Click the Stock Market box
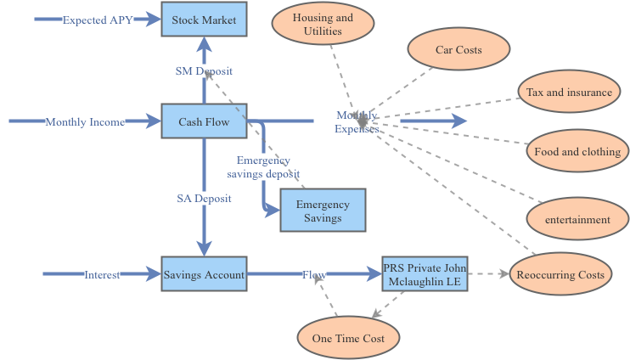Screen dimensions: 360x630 pos(204,20)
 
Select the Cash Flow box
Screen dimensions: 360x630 pos(204,122)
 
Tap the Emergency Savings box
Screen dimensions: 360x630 pos(323,211)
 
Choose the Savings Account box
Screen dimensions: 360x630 pos(204,274)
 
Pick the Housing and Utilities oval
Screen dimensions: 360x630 pos(323,25)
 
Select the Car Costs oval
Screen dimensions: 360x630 pos(458,50)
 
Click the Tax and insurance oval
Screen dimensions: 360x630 pos(568,93)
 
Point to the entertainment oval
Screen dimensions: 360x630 pos(577,220)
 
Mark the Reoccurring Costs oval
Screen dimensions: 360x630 pos(560,275)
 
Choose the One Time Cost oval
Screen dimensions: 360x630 pos(348,339)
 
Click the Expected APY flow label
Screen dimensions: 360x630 pos(98,20)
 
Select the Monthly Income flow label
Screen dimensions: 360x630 pos(85,122)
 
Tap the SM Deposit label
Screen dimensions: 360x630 pos(204,71)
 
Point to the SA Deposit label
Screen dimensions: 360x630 pos(204,199)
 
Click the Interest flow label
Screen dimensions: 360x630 pos(102,274)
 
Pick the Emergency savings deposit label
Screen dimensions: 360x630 pos(263,167)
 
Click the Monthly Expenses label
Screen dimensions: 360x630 pos(357,122)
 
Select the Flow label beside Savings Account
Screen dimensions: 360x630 pos(314,274)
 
